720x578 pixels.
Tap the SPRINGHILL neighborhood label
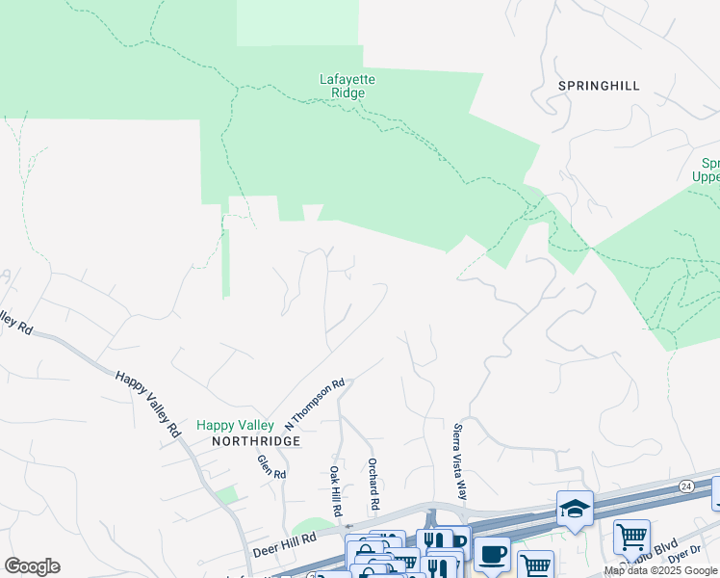598,86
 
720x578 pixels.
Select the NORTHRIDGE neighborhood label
251,440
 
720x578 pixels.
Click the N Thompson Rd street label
315,405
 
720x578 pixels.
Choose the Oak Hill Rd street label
336,489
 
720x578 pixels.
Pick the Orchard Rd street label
373,486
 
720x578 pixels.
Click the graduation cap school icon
575,509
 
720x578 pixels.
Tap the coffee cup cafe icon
492,556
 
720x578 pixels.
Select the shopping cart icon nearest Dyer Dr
631,537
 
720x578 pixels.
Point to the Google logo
32,566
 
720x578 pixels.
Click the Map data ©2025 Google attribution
660,570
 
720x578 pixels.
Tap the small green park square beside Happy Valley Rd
226,495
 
